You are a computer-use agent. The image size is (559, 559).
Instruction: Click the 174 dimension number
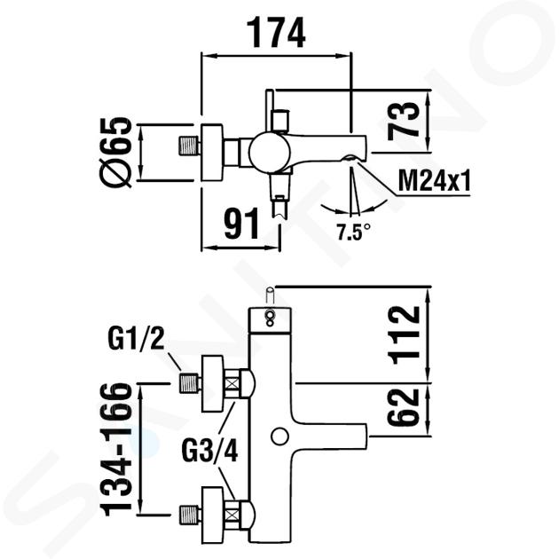coord(276,33)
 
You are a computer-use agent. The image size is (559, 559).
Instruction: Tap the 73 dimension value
coord(404,120)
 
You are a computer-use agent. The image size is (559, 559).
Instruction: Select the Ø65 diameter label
coord(114,153)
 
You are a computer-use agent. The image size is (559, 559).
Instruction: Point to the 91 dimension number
coord(241,224)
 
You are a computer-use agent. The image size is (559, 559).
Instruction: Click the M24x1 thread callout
coord(434,181)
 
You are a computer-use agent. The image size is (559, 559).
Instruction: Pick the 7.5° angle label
coord(353,232)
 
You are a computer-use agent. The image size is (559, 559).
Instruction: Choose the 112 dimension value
coord(405,335)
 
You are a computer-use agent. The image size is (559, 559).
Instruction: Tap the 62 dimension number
coord(404,407)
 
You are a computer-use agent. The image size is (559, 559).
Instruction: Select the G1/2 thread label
coord(136,338)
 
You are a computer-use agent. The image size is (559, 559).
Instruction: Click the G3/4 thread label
coord(209,450)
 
